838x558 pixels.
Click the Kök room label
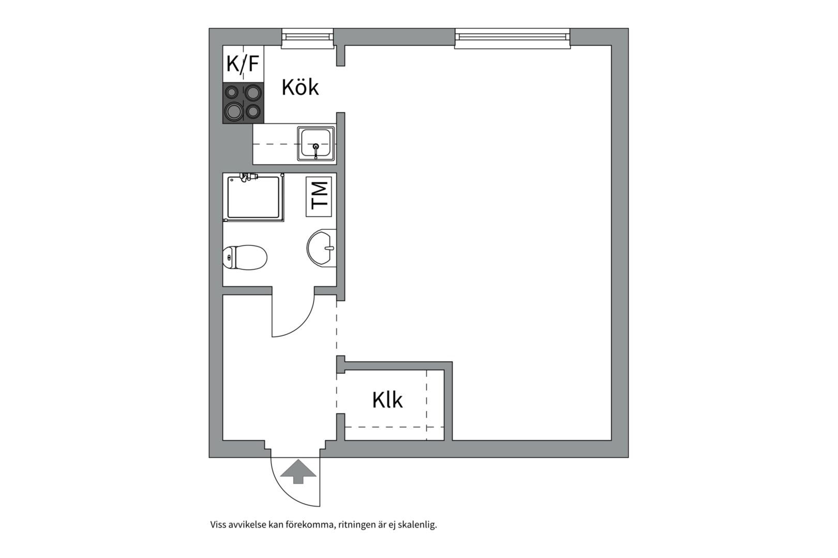(x=300, y=87)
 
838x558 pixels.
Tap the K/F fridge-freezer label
(x=243, y=64)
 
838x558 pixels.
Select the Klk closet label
(x=387, y=400)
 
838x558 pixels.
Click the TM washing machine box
(x=319, y=196)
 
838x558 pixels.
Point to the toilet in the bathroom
(x=245, y=257)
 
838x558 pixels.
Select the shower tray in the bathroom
(x=253, y=197)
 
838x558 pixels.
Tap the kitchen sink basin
(x=316, y=144)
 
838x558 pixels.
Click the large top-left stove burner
(x=232, y=92)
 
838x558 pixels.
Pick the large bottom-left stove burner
(x=234, y=112)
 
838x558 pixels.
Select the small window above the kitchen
(x=307, y=39)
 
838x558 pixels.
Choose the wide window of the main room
(x=513, y=39)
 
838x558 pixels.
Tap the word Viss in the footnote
(x=218, y=525)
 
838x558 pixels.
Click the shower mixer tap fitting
(x=249, y=177)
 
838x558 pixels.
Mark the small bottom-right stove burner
(x=253, y=111)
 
